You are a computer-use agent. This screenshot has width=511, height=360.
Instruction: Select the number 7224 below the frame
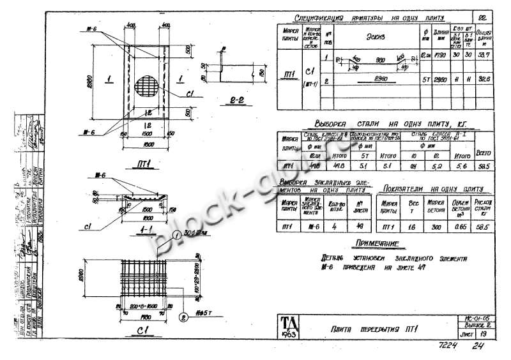point(450,347)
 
